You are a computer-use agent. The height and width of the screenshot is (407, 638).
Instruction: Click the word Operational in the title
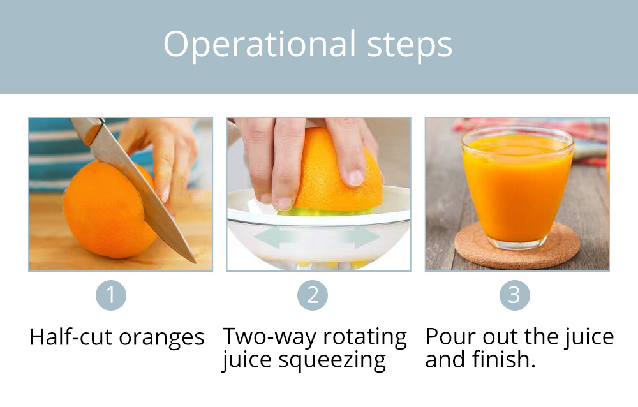coord(260,45)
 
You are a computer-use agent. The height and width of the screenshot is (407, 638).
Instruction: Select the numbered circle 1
coord(110,295)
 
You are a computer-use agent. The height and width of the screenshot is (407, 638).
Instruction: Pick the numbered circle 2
coord(313,295)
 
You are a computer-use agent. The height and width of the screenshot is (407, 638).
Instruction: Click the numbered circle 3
coord(515,295)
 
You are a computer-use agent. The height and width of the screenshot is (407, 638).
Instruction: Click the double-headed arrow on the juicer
coord(316,238)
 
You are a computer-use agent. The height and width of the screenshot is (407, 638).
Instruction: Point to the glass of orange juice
coord(517,187)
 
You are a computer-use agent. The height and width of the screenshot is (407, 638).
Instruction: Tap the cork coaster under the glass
coord(517,246)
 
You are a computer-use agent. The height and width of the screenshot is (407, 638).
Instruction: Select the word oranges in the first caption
coord(161,339)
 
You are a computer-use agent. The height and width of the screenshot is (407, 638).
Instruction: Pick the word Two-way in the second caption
coord(269,337)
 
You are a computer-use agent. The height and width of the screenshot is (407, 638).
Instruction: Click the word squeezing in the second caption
coord(332,360)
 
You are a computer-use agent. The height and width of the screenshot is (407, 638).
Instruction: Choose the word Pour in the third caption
coord(450,337)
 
